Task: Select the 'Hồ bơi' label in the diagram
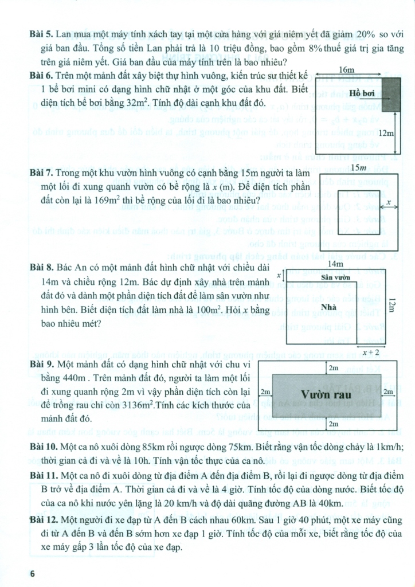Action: (x=365, y=93)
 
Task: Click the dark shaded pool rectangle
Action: (x=391, y=93)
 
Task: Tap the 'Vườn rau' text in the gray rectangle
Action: (x=328, y=393)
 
